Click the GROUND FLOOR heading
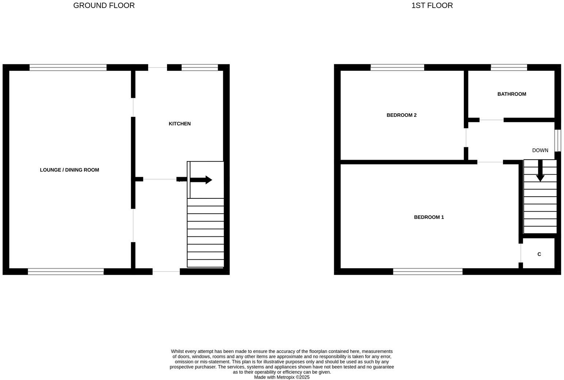pyautogui.click(x=104, y=5)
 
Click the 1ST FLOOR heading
pyautogui.click(x=432, y=5)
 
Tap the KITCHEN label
pyautogui.click(x=179, y=124)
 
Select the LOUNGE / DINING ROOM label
pyautogui.click(x=69, y=170)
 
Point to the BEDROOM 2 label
pyautogui.click(x=401, y=115)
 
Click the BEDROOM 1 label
pyautogui.click(x=429, y=217)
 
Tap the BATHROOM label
pyautogui.click(x=511, y=94)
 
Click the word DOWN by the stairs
pyautogui.click(x=540, y=150)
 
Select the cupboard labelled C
pyautogui.click(x=539, y=254)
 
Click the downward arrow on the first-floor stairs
pyautogui.click(x=540, y=171)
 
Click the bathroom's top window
pyautogui.click(x=508, y=67)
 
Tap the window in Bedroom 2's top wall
pyautogui.click(x=397, y=67)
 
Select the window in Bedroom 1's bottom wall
pyautogui.click(x=427, y=271)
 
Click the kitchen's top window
pyautogui.click(x=199, y=67)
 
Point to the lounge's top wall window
pyautogui.click(x=68, y=67)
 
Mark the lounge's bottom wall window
pyautogui.click(x=66, y=271)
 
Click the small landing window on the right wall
pyautogui.click(x=557, y=140)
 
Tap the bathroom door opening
pyautogui.click(x=491, y=120)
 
